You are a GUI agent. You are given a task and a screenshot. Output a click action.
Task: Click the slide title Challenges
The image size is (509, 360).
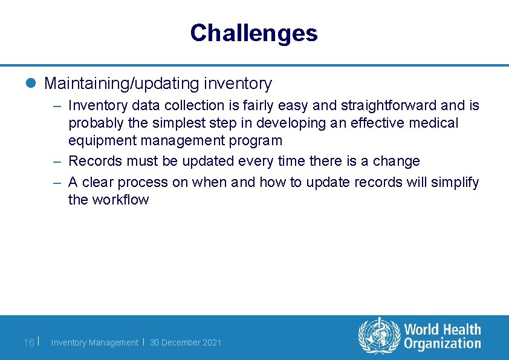point(253,33)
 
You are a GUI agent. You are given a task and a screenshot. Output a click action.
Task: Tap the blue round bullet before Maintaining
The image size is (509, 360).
point(31,83)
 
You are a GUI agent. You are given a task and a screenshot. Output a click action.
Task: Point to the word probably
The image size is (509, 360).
point(94,123)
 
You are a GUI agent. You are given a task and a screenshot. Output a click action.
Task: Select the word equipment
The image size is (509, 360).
point(102,141)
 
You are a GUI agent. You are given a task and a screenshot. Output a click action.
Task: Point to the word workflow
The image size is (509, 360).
point(120,200)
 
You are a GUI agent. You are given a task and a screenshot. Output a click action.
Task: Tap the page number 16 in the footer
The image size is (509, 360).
point(28,342)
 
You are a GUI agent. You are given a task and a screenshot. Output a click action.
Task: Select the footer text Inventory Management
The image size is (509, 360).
point(94,342)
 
